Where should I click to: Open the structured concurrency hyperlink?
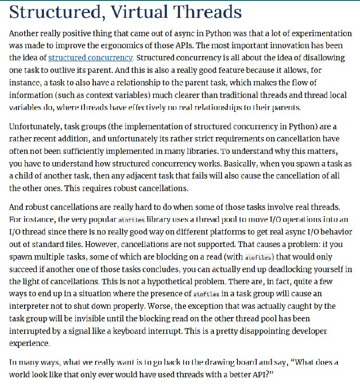(x=90, y=58)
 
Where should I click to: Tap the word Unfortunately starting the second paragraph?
(x=36, y=127)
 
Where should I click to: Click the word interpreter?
(x=30, y=306)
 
